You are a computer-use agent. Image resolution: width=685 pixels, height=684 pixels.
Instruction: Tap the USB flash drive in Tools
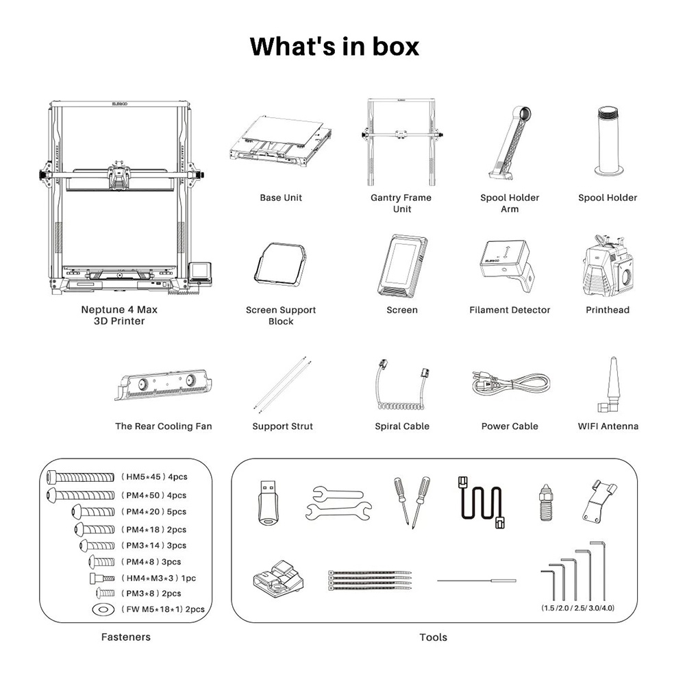click(267, 502)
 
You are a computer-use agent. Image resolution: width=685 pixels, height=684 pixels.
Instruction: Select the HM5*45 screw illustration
click(80, 477)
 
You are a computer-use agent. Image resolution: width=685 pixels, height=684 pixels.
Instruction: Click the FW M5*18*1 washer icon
click(103, 609)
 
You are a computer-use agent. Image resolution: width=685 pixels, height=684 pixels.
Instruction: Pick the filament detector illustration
click(507, 265)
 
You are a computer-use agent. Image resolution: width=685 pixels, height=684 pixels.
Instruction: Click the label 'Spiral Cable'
click(402, 426)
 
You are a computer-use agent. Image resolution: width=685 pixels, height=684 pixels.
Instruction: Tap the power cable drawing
click(510, 384)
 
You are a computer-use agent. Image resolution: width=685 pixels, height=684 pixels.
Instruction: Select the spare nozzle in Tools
click(546, 502)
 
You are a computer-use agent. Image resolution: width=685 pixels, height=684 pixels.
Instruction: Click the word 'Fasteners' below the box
click(126, 637)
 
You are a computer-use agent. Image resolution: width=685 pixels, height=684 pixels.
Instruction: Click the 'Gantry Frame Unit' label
click(401, 204)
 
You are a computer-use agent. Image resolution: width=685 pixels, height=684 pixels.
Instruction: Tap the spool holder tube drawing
click(608, 141)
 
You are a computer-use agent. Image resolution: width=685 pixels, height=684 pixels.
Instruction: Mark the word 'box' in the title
click(396, 47)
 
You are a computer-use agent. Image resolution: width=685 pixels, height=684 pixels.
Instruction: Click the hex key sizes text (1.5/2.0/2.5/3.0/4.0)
click(577, 608)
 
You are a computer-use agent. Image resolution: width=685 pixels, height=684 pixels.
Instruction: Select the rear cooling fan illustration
click(164, 384)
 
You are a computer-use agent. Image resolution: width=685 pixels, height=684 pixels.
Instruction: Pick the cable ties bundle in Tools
click(370, 580)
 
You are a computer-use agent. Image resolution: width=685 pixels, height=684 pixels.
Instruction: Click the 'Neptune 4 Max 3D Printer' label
click(119, 315)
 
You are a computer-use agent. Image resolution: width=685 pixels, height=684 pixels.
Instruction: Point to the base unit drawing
click(280, 141)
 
